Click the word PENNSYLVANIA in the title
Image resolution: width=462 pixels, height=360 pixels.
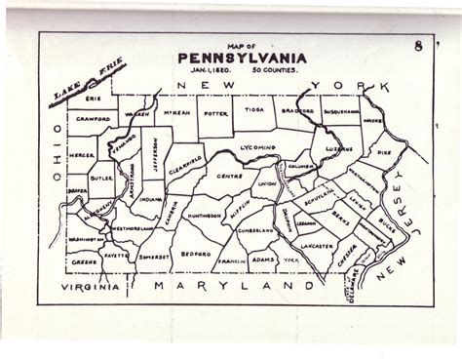pos(242,58)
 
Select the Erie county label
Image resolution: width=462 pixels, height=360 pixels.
pos(93,99)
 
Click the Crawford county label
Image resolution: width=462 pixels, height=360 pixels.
pos(94,118)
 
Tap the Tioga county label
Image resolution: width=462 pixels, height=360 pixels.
pos(254,111)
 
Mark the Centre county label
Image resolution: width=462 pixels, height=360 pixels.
pos(229,177)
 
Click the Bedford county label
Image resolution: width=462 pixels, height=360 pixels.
pos(196,254)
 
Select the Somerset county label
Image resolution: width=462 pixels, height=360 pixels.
pos(154,257)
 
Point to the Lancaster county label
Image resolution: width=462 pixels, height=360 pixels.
pos(317,247)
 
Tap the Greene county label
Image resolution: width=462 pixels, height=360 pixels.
pos(85,261)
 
